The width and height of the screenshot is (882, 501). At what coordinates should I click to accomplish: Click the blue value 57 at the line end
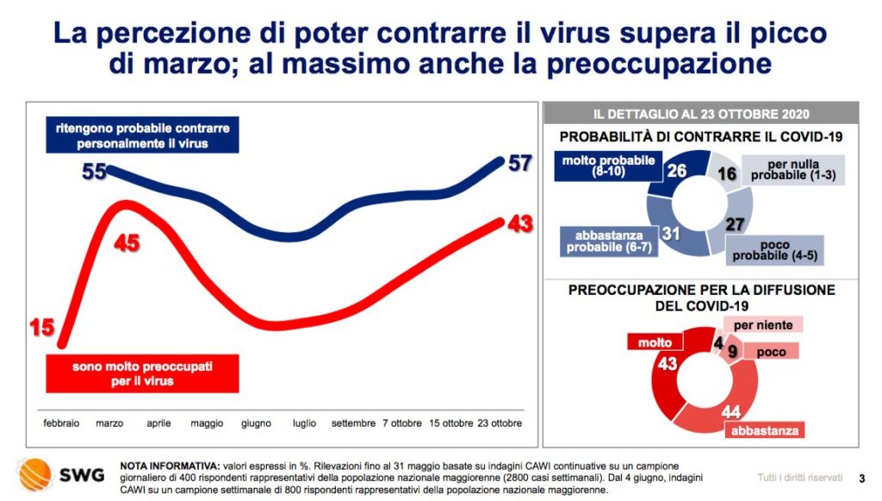click(519, 163)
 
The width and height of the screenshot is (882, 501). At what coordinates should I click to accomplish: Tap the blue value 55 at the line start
click(94, 171)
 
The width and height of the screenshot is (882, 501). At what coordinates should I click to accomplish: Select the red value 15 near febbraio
click(42, 327)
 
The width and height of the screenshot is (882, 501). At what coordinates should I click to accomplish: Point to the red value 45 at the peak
click(127, 243)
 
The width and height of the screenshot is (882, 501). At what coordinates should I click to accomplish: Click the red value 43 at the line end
click(519, 224)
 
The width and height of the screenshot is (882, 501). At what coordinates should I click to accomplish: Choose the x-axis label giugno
click(256, 423)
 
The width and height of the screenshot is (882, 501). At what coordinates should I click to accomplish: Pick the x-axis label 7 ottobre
click(402, 423)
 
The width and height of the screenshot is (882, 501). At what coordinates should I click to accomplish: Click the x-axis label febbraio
click(61, 423)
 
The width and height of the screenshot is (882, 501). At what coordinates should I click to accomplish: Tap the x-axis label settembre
click(353, 423)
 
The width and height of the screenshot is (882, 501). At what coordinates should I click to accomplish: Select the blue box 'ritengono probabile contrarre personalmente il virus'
click(142, 135)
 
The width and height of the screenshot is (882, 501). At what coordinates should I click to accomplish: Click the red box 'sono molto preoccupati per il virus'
click(142, 373)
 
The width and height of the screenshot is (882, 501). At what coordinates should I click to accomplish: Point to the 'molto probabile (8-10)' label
click(608, 166)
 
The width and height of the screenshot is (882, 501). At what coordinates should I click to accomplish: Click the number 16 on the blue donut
click(727, 173)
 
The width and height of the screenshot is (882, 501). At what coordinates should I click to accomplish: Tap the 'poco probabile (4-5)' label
click(774, 250)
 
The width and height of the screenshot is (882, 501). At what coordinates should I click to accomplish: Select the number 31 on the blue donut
click(670, 233)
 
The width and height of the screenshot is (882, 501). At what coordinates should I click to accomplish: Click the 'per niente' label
click(763, 325)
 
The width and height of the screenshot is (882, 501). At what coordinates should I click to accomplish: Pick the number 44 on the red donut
click(730, 411)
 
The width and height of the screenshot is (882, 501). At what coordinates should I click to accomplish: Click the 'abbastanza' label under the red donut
click(765, 430)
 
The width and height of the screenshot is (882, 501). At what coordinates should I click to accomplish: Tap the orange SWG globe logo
click(35, 474)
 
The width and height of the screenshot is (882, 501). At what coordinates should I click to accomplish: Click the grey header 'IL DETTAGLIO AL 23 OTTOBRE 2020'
click(701, 114)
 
